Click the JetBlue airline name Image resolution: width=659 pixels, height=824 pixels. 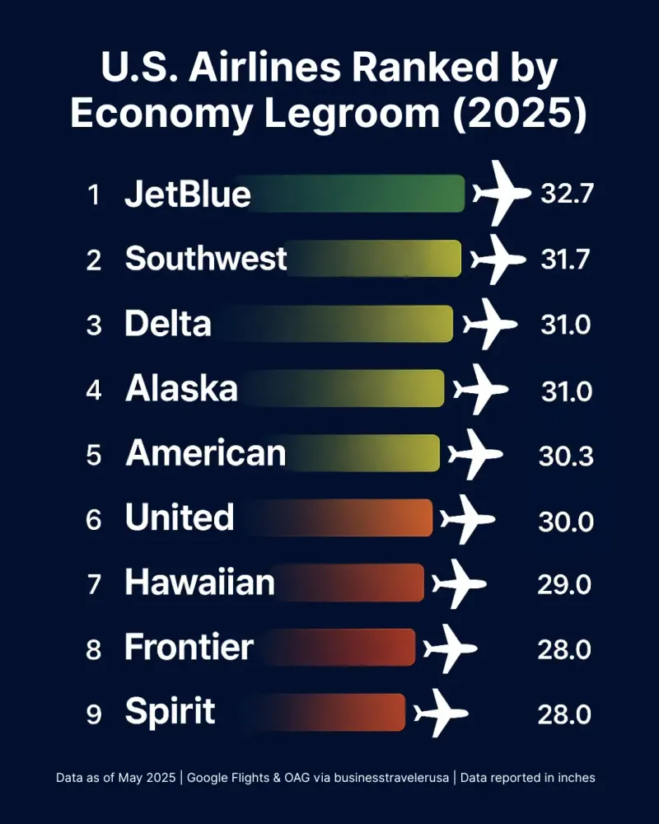(x=188, y=195)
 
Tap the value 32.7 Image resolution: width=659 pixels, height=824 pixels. (x=567, y=194)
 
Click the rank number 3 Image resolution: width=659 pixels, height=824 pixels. (x=94, y=325)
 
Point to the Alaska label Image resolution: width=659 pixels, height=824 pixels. (x=181, y=389)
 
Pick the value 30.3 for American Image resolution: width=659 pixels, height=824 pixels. (x=566, y=455)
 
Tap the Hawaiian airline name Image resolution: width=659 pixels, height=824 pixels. (x=199, y=583)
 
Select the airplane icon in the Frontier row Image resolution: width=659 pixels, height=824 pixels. (x=450, y=648)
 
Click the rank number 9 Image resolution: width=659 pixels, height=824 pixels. (x=94, y=714)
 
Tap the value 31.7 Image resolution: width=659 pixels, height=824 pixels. (x=565, y=260)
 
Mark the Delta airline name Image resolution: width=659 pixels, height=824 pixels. (x=167, y=324)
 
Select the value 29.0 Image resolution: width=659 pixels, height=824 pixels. (x=565, y=584)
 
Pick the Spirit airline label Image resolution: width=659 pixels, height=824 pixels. (x=170, y=711)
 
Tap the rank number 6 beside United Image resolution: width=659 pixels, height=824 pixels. (x=94, y=520)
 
